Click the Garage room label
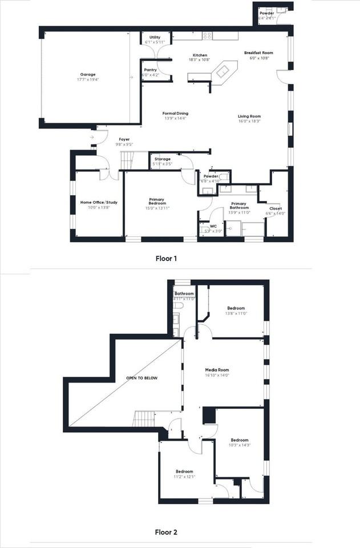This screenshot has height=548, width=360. tap(88, 74)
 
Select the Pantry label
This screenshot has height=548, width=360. tap(150, 70)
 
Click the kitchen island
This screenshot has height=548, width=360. tap(223, 71)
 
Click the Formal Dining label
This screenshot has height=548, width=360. tap(175, 113)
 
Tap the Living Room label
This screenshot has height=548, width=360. tap(249, 116)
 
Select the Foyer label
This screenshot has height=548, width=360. tap(124, 139)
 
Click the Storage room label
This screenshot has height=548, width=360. tap(163, 159)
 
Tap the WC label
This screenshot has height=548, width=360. tap(213, 226)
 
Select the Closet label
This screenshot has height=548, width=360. tap(275, 208)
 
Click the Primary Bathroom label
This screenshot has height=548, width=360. tap(239, 205)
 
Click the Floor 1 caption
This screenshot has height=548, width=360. tap(167, 259)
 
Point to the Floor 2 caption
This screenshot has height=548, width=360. tap(167, 533)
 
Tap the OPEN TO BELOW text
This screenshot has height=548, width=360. tap(142, 378)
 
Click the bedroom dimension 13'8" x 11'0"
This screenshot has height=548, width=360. tap(236, 313)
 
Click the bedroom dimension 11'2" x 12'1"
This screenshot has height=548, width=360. tap(184, 477)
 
